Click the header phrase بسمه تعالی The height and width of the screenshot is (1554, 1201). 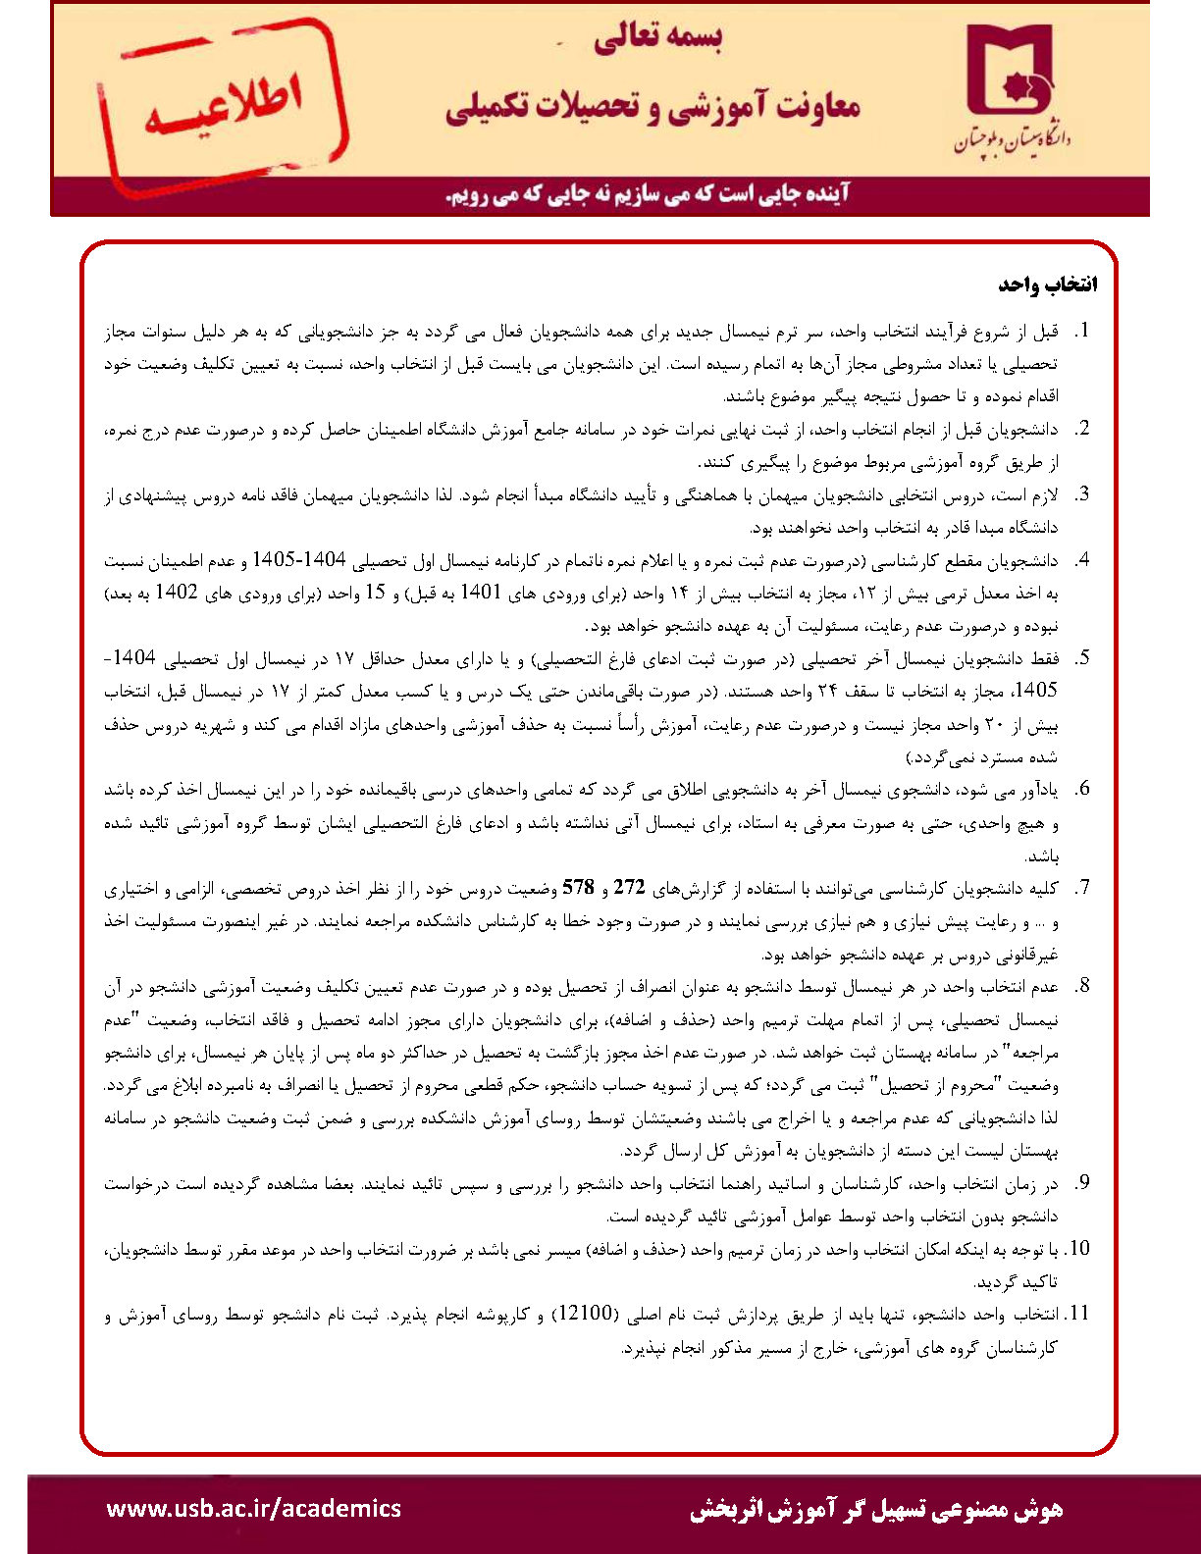657,38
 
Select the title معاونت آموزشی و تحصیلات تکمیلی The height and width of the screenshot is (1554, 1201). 653,106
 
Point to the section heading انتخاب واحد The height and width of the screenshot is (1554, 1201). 1047,285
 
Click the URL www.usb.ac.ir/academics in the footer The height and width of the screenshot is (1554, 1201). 253,1508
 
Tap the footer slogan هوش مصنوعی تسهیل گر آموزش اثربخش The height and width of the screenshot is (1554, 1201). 875,1509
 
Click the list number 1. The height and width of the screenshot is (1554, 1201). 1082,332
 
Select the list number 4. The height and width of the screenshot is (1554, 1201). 1081,561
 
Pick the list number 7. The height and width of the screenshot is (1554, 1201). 1081,889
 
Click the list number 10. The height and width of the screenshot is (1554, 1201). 1077,1249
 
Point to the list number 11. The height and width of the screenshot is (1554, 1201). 1077,1314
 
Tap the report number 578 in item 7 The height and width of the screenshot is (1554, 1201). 578,889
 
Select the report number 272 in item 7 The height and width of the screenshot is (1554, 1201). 629,889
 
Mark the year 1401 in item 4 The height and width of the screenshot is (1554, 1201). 481,594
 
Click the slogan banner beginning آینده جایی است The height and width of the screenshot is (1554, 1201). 649,194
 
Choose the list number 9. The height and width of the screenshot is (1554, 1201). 1081,1184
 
